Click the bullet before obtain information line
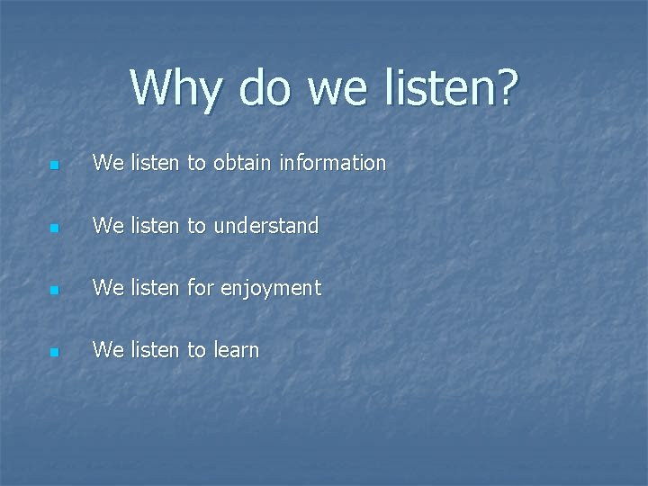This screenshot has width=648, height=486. pyautogui.click(x=55, y=166)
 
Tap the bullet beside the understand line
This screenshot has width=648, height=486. pyautogui.click(x=55, y=229)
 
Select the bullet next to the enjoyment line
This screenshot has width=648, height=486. pyautogui.click(x=55, y=291)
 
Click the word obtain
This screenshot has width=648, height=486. pyautogui.click(x=243, y=163)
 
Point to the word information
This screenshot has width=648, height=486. pyautogui.click(x=332, y=163)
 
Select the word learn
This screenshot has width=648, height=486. pyautogui.click(x=236, y=350)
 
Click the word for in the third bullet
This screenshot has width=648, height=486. pyautogui.click(x=200, y=287)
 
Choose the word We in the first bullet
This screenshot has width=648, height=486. pyautogui.click(x=108, y=163)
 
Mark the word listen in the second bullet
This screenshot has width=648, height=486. pyautogui.click(x=155, y=225)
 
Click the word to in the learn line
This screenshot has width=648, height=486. pyautogui.click(x=196, y=350)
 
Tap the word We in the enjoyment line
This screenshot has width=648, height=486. pyautogui.click(x=108, y=287)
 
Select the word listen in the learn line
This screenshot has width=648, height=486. pyautogui.click(x=155, y=349)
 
